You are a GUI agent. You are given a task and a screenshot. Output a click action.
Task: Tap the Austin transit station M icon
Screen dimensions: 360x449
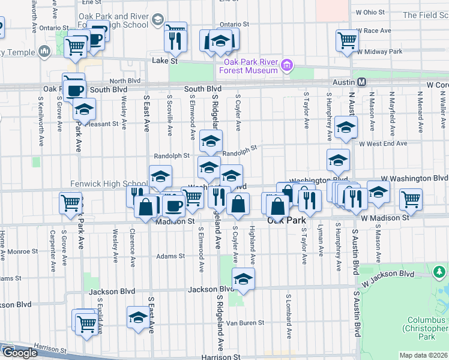point(362,82)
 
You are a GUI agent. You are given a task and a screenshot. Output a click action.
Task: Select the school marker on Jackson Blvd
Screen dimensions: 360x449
point(243,279)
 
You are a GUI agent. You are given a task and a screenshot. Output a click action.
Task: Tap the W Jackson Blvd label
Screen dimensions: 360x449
point(388,275)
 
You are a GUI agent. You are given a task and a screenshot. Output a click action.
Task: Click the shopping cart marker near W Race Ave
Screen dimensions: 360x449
point(348,41)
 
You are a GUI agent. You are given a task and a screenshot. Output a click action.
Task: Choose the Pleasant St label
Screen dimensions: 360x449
point(104,124)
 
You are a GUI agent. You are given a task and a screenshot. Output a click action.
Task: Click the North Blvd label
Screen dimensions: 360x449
point(125,80)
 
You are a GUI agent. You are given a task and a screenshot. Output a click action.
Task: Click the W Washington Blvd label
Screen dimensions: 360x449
point(414,178)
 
